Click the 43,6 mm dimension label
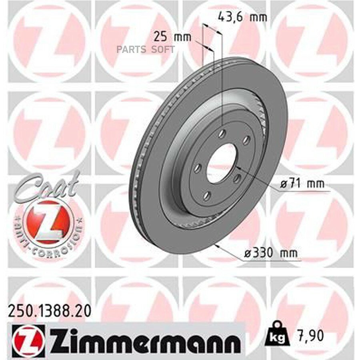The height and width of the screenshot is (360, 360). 242,18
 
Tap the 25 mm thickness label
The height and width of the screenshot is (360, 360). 172,37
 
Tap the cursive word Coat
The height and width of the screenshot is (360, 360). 47,186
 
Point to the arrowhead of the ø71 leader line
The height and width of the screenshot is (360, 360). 236,166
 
